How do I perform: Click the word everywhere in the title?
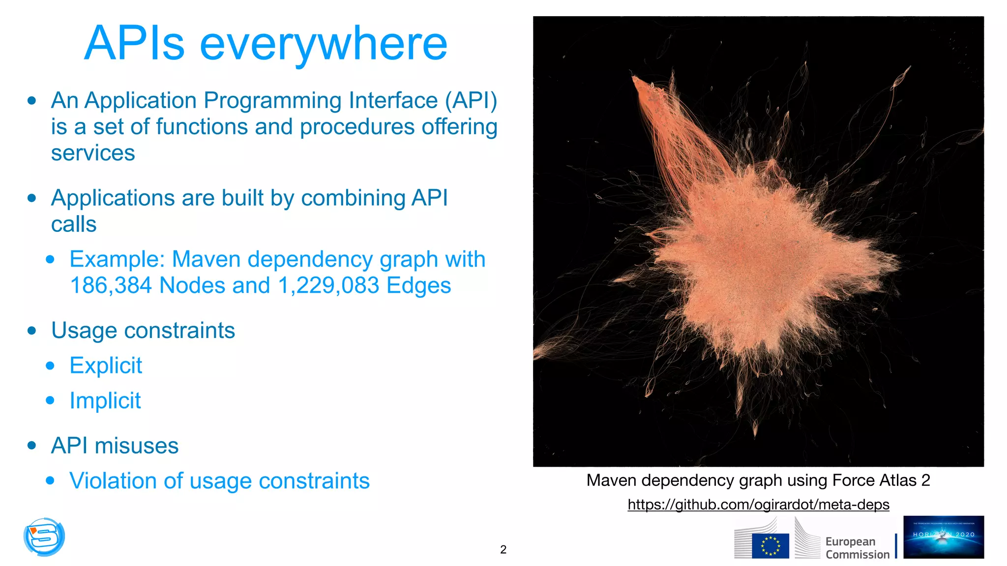[x=323, y=44]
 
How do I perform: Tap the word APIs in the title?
[x=134, y=44]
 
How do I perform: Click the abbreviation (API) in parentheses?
[x=471, y=100]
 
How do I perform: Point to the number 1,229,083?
[x=328, y=285]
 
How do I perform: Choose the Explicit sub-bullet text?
[x=106, y=366]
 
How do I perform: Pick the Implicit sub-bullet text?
[x=105, y=400]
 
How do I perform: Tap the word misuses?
[x=137, y=446]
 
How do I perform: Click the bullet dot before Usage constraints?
[x=32, y=331]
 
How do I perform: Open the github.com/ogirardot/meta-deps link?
[x=758, y=505]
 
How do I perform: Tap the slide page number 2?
[x=503, y=549]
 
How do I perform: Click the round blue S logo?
[x=44, y=537]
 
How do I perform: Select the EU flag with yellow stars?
[x=770, y=546]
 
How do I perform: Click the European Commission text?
[x=857, y=548]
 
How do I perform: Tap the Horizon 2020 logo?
[x=943, y=537]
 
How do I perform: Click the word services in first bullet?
[x=93, y=153]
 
